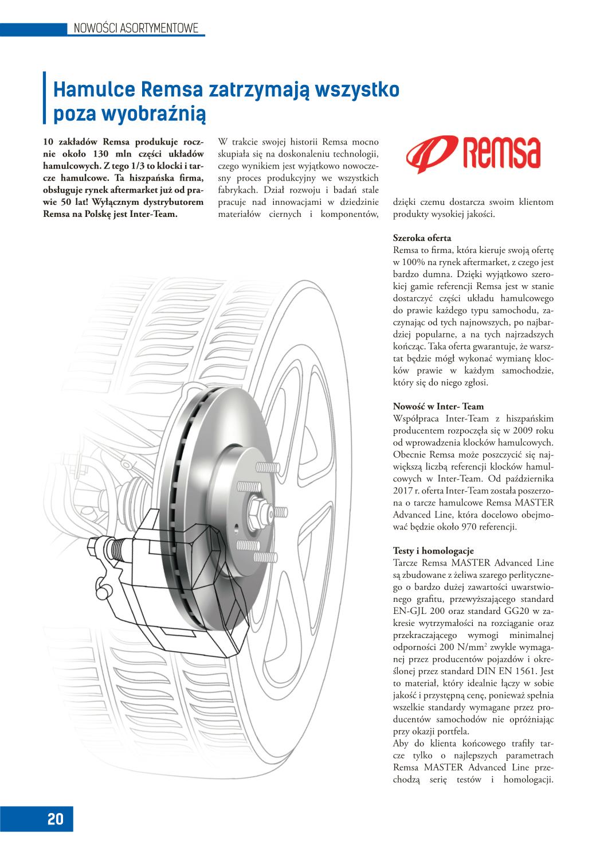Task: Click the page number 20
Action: [56, 819]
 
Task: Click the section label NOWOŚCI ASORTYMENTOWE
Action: [136, 28]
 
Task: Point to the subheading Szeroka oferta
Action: [422, 238]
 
